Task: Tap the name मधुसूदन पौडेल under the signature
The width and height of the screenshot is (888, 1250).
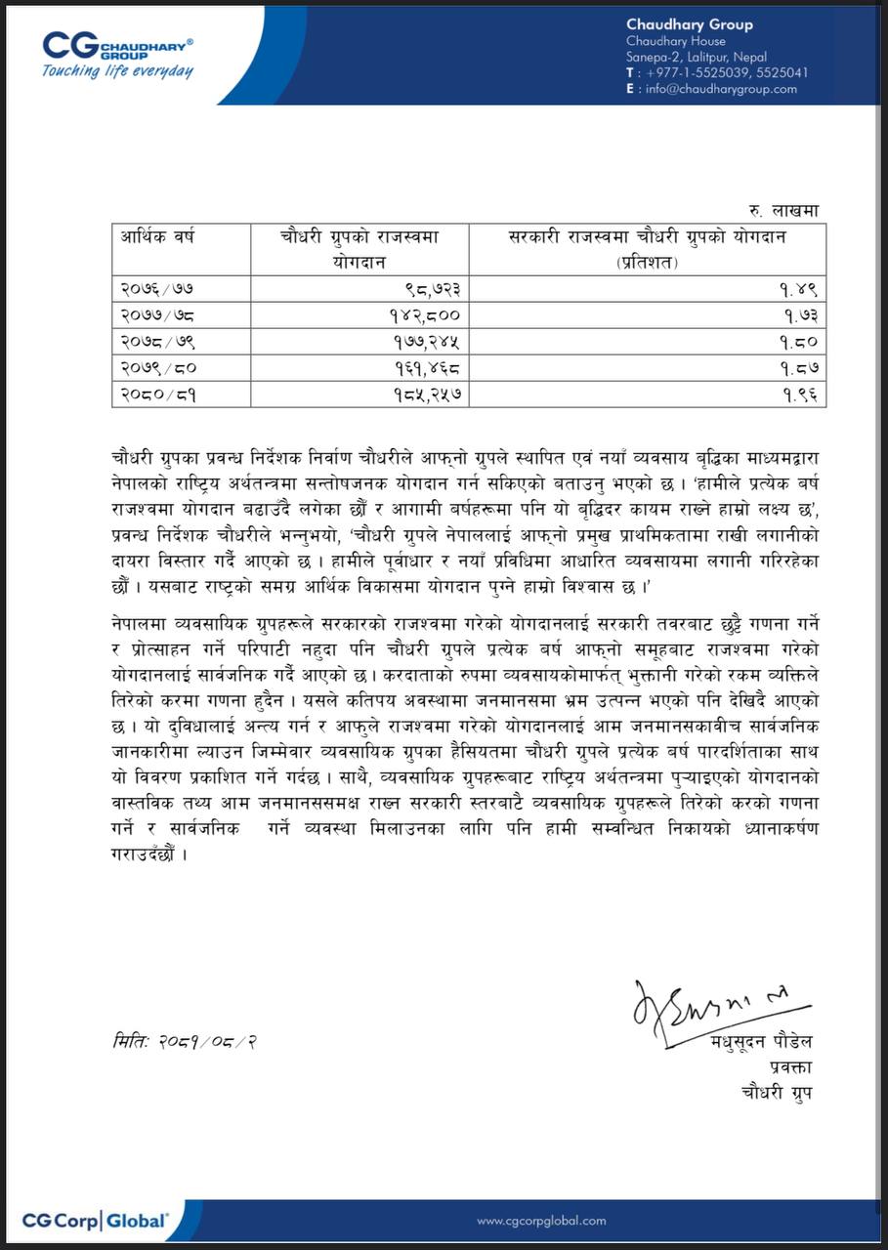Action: click(x=761, y=1042)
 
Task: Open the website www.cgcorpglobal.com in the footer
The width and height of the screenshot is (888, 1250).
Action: click(x=541, y=1221)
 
